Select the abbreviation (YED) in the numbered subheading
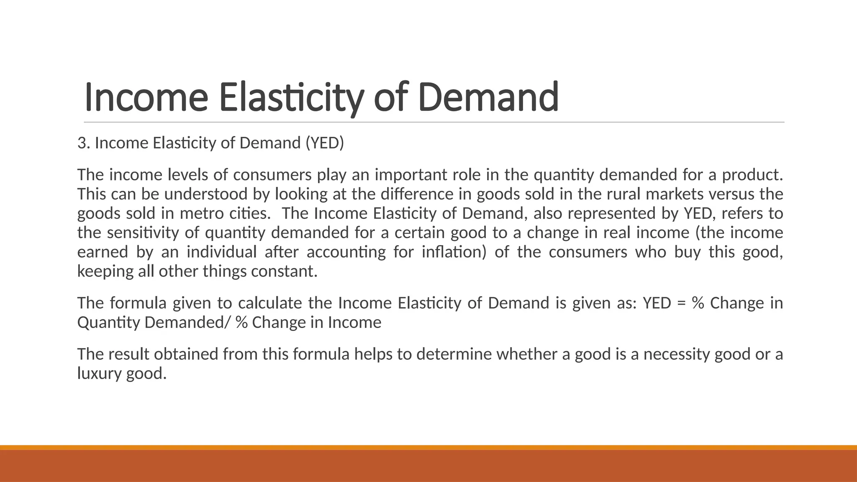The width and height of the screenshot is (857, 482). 325,143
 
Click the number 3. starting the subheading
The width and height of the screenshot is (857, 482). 84,143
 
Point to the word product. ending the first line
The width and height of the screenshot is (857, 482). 752,175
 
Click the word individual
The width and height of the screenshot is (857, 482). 221,252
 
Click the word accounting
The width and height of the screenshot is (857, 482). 346,252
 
